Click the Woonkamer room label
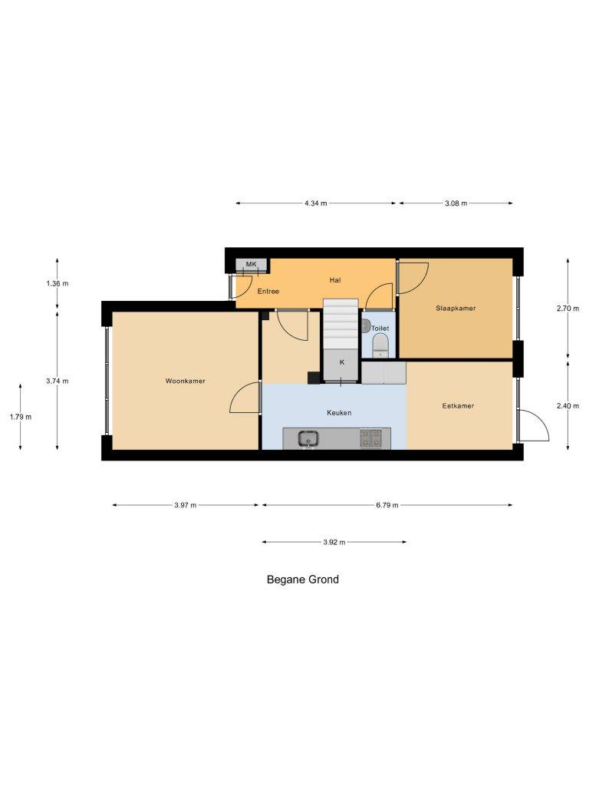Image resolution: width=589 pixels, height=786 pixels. click(186, 381)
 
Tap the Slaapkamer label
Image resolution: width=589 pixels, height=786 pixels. click(456, 309)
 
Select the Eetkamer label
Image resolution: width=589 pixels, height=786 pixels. click(458, 406)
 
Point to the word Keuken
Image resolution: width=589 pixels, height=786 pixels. click(339, 413)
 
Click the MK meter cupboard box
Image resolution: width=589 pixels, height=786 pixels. click(251, 265)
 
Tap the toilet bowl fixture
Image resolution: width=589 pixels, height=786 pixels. click(380, 345)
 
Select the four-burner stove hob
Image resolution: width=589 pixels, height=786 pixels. click(370, 438)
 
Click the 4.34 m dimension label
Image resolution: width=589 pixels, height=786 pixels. click(315, 203)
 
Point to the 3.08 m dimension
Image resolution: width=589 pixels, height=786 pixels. click(456, 203)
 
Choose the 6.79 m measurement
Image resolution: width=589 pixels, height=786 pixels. click(387, 505)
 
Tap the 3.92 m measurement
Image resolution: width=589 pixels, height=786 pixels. click(334, 543)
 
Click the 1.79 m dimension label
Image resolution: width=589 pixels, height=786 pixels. click(21, 417)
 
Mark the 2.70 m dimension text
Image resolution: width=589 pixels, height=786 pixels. click(568, 309)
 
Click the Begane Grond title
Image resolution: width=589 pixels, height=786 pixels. click(302, 580)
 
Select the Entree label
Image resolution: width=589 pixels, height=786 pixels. click(268, 291)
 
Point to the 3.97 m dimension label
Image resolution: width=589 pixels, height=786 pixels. click(186, 505)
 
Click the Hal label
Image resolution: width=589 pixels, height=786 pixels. click(335, 280)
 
